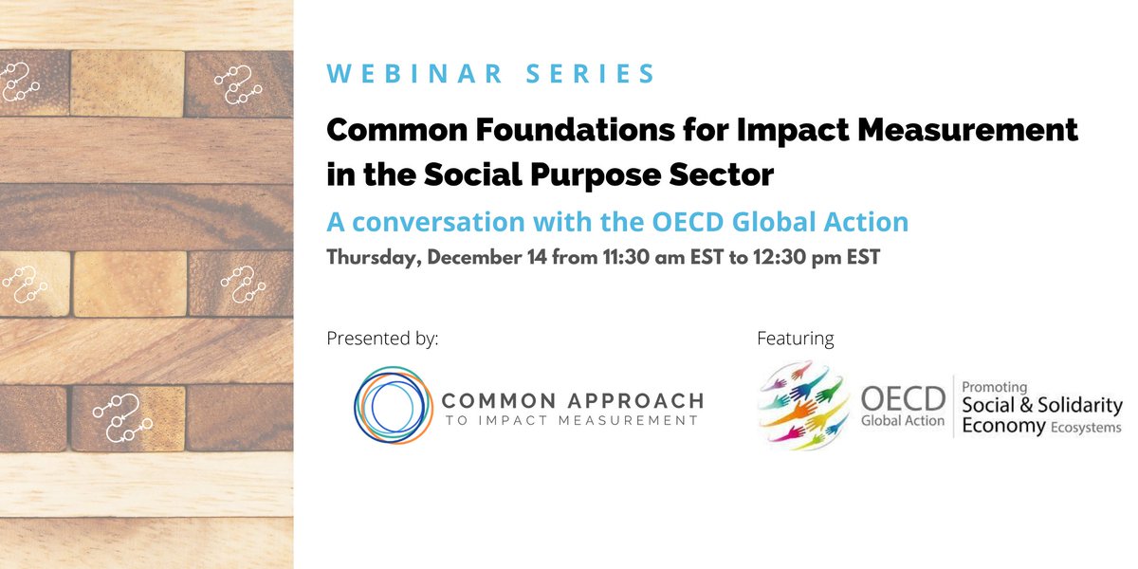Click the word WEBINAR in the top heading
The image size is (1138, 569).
[x=413, y=74]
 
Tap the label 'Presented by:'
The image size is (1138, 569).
[x=382, y=338]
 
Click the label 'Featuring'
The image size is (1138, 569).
[x=795, y=338]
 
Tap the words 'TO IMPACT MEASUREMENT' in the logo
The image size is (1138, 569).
[x=572, y=420]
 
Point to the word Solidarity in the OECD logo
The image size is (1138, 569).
[x=1077, y=406]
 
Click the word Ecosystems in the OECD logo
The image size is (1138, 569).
[x=1086, y=428]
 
